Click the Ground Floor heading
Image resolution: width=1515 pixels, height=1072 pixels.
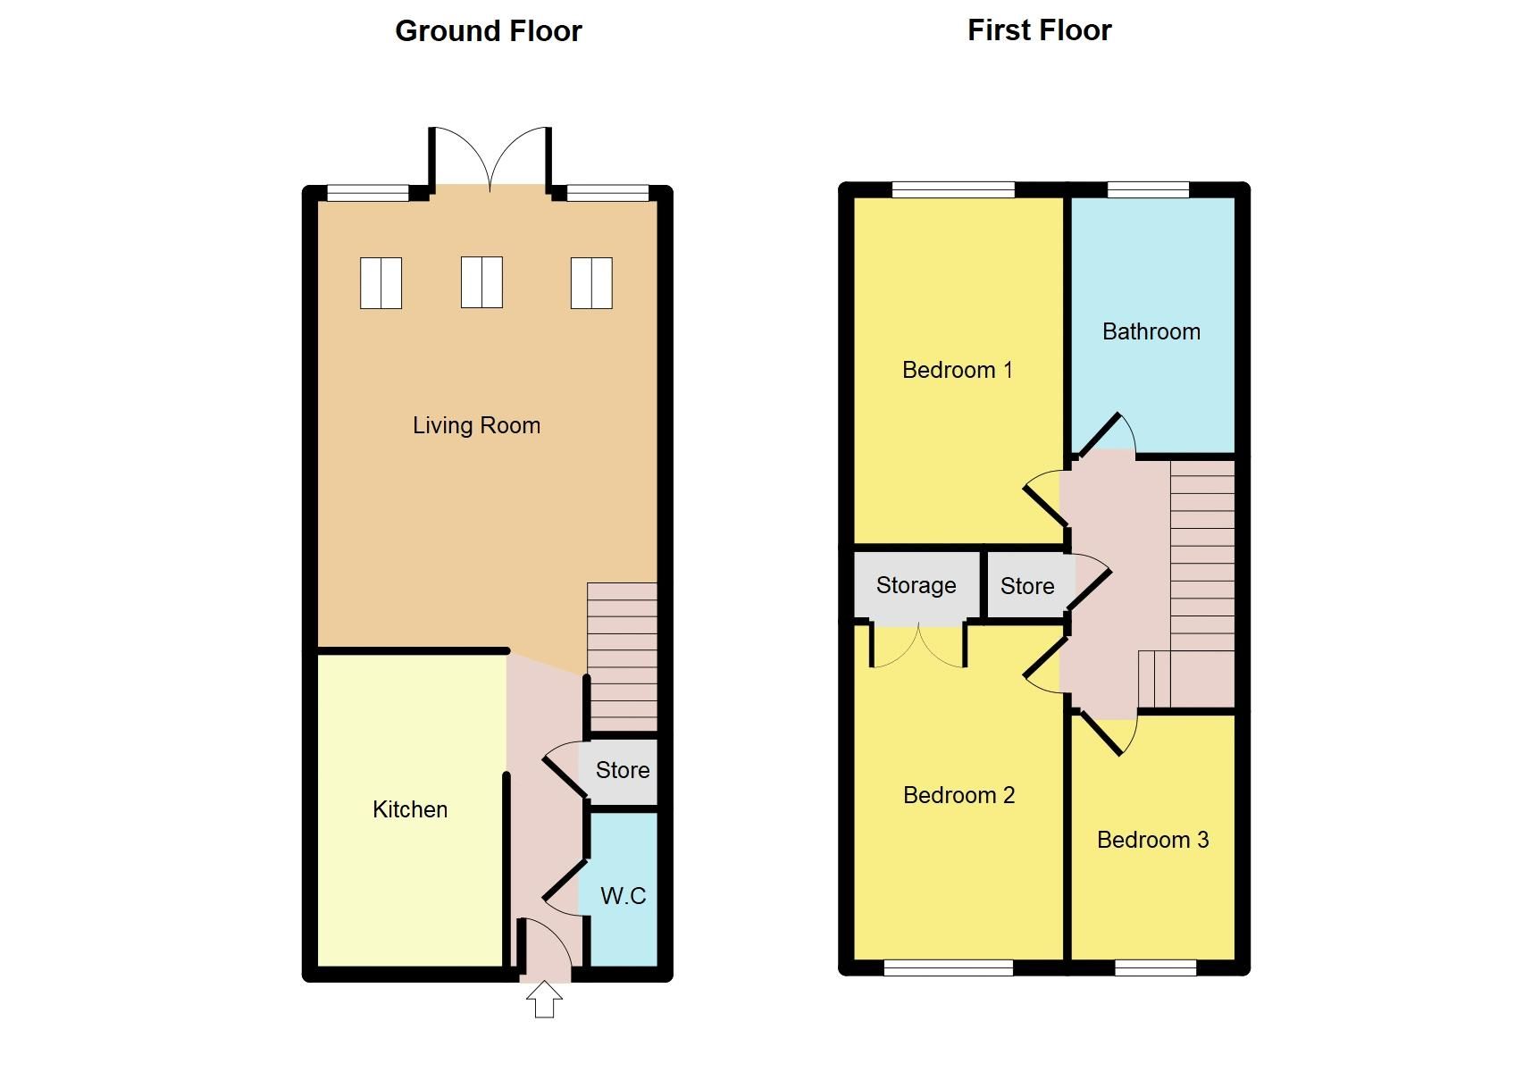coord(488,31)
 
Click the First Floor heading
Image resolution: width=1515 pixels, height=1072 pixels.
coord(1039,30)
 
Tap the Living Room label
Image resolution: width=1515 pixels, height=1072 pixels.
coord(476,425)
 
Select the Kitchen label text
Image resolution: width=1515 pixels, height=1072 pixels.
coord(410,809)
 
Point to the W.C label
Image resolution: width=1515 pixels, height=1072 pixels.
coord(623,896)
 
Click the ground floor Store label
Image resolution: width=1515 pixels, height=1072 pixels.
coord(623,770)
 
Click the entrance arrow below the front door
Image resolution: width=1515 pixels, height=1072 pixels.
coord(544,1000)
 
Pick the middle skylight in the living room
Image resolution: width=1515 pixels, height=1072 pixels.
coord(481,282)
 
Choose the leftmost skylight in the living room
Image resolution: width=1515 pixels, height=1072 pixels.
coord(381,283)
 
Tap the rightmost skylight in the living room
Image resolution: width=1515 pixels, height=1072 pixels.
coord(591,283)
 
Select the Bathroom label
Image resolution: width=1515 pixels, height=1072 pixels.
coord(1151,331)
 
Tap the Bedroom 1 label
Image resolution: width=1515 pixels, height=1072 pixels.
coord(957,370)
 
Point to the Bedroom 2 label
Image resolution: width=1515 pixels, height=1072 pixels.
coord(958,795)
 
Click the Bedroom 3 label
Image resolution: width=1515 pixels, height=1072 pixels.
coord(1152,840)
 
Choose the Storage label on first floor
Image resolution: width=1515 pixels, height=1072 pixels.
coord(916,585)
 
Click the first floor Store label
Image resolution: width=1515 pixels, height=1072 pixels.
coord(1026,586)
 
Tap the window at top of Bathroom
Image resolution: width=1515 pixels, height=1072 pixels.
coord(1148,189)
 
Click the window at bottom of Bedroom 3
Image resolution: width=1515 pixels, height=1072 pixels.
coord(1155,967)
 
